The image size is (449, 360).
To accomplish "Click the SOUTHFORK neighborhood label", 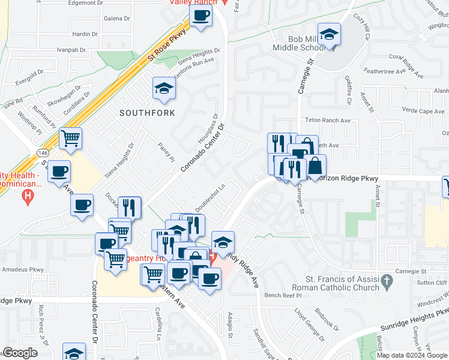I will (147, 113).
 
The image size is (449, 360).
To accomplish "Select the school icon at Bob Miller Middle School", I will (329, 34).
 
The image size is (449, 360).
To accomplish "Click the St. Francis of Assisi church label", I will (343, 283).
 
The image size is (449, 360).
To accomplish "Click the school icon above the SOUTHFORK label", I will (163, 89).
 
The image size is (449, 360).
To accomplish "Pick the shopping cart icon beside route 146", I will (71, 138).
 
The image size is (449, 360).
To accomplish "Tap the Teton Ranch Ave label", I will (327, 120).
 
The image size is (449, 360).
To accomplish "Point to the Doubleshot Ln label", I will (209, 196).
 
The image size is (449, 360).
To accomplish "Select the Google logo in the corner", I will (20, 353).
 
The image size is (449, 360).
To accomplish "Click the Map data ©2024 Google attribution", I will (411, 355).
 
